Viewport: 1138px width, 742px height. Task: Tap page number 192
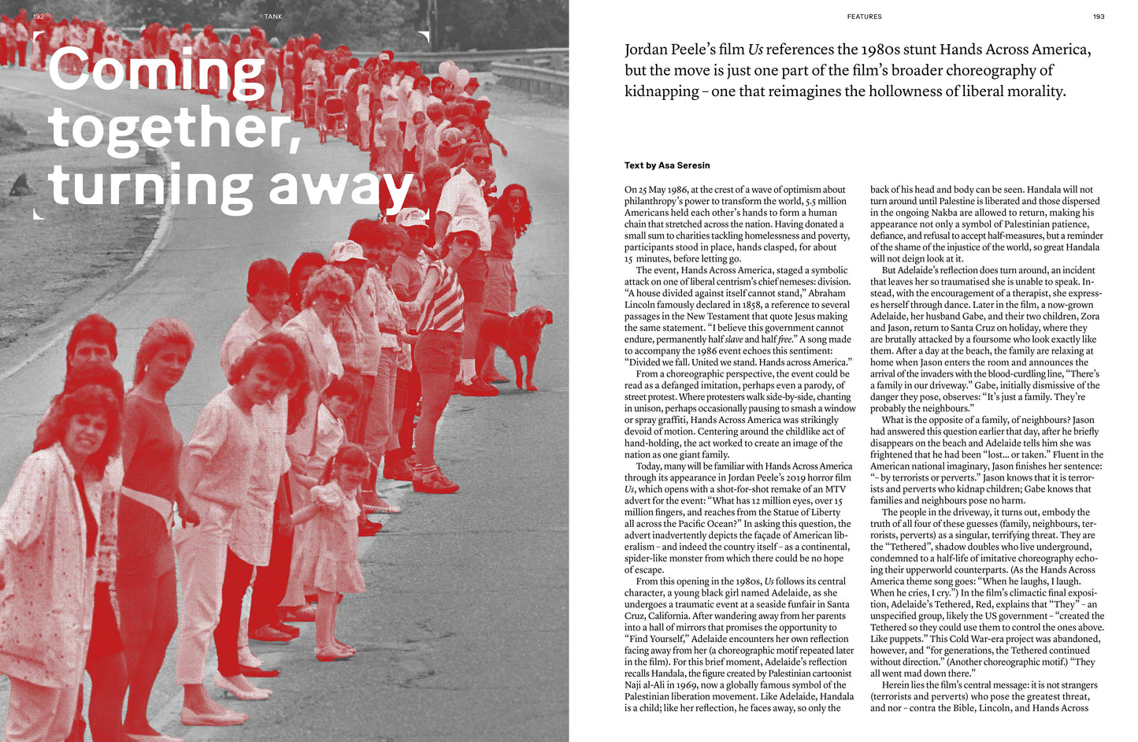click(39, 17)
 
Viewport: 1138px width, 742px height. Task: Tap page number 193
click(1099, 17)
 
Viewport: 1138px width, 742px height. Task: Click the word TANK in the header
click(273, 17)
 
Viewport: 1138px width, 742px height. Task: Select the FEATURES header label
click(864, 17)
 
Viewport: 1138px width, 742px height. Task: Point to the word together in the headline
click(175, 128)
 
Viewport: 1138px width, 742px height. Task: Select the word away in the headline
click(340, 187)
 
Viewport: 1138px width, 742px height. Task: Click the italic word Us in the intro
click(755, 50)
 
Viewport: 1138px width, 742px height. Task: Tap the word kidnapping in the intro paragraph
click(662, 91)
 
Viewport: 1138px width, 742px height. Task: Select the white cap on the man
click(347, 250)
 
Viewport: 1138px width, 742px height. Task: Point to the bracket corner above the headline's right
click(424, 36)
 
